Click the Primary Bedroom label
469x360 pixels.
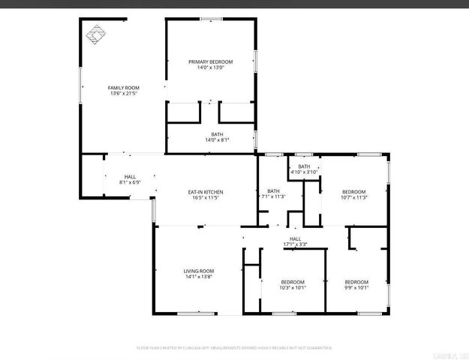point(210,61)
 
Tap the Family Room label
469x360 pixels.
point(120,88)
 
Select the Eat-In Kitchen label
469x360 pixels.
point(205,192)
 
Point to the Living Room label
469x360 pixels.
point(200,271)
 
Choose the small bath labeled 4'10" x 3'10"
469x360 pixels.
point(304,166)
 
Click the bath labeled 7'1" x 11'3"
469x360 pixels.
point(273,191)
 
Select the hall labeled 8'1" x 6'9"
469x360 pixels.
point(130,177)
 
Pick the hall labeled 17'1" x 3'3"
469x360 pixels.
point(295,238)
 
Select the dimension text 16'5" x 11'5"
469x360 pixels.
point(205,198)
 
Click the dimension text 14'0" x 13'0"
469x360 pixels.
point(210,67)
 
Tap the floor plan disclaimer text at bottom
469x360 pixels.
point(234,348)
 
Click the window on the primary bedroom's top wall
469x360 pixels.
point(211,19)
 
